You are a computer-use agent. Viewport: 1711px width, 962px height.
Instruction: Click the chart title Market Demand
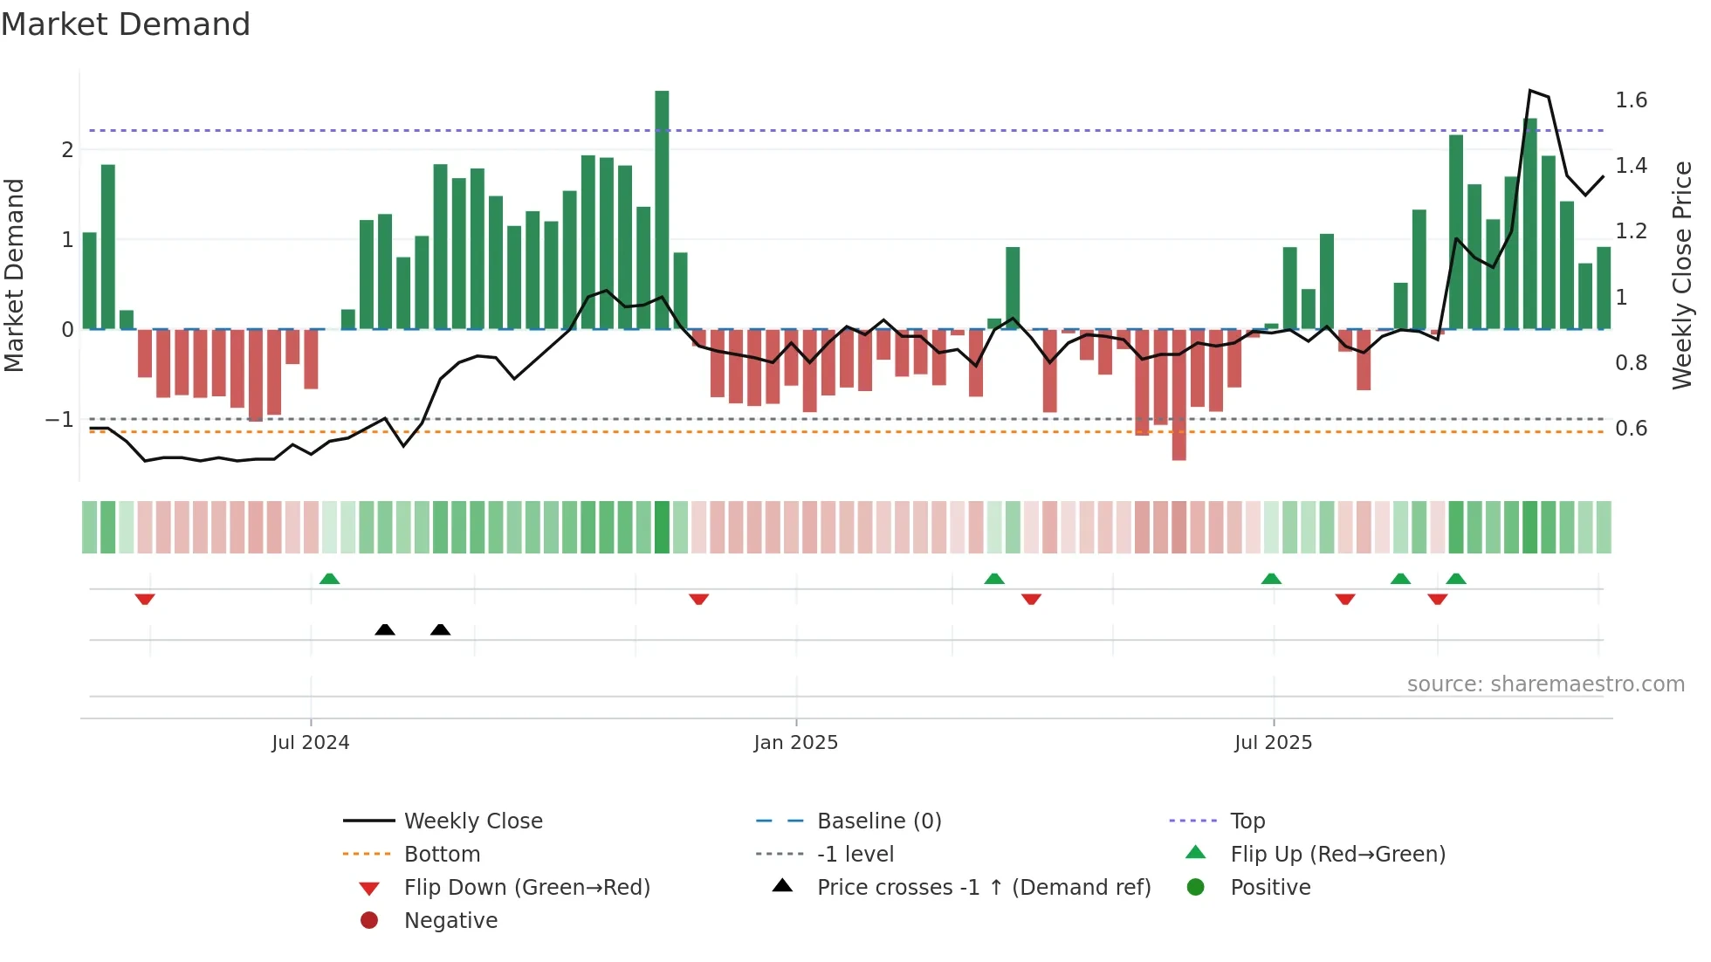point(126,24)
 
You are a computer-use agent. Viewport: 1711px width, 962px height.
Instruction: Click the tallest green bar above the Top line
point(662,210)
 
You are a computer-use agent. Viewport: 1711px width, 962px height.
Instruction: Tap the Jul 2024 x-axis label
point(310,743)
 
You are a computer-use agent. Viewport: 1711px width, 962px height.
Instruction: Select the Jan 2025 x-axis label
point(795,743)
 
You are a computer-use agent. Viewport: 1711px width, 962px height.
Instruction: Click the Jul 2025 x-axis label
point(1273,743)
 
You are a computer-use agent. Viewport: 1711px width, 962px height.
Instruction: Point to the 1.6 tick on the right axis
point(1631,100)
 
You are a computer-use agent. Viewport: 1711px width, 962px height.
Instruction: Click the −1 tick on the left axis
point(59,420)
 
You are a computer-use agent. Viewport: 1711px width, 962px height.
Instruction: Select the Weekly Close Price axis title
point(1681,275)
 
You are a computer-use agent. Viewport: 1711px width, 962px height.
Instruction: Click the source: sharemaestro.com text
point(1545,684)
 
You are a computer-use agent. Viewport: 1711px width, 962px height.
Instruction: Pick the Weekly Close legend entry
point(472,821)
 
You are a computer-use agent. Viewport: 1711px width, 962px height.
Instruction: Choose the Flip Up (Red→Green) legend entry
point(1337,855)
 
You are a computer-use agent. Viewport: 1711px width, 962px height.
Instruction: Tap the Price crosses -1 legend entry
point(983,888)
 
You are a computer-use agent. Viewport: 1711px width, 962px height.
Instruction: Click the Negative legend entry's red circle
point(369,921)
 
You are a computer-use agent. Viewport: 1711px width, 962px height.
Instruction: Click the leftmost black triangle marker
point(385,629)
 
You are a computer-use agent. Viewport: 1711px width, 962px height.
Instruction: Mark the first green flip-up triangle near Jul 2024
point(329,579)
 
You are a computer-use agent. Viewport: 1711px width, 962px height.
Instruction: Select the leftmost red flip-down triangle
point(145,599)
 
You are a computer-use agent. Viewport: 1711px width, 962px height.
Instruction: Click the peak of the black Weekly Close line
point(1530,91)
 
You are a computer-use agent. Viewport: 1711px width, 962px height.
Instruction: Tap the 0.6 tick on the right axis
point(1631,429)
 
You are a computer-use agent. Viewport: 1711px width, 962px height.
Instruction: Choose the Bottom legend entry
point(442,855)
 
